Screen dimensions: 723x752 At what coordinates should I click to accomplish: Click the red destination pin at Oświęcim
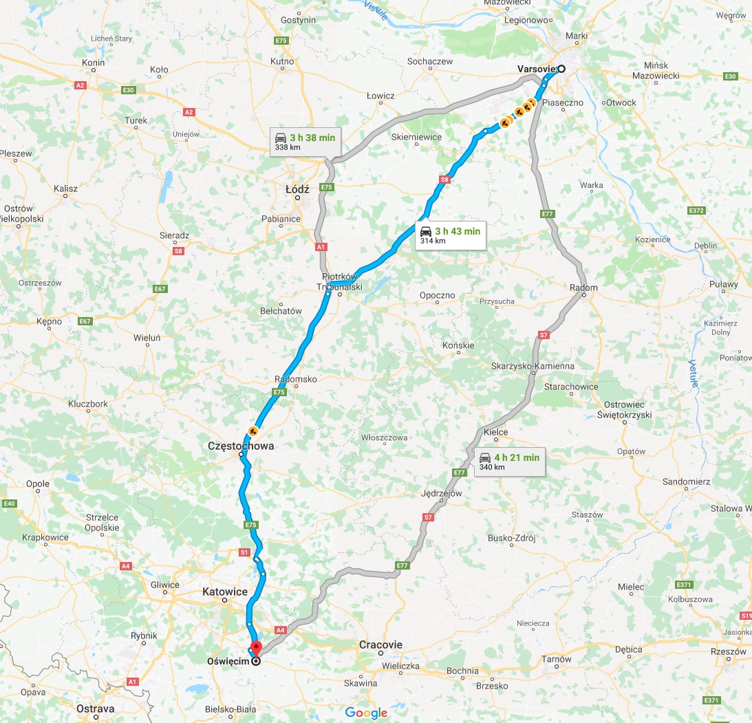[x=255, y=648]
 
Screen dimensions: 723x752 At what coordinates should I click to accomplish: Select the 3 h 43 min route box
[x=451, y=235]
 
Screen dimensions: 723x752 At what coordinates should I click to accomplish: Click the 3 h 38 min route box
[x=305, y=142]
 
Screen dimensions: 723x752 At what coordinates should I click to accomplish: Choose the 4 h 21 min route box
[x=509, y=462]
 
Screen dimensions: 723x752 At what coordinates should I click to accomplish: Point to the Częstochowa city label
[x=241, y=446]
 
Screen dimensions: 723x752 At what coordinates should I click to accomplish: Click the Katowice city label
[x=224, y=592]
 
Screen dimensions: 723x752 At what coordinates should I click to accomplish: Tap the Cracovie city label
[x=380, y=645]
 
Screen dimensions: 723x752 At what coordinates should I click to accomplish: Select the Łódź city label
[x=297, y=188]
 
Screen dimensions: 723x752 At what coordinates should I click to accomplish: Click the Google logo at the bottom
[x=366, y=713]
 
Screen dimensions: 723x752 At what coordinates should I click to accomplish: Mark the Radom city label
[x=583, y=288]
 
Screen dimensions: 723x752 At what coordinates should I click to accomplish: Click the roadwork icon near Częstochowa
[x=253, y=431]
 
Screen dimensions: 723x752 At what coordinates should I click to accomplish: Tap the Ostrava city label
[x=96, y=708]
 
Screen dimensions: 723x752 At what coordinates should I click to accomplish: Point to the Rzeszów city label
[x=729, y=651]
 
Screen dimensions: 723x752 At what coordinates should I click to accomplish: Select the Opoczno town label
[x=438, y=295]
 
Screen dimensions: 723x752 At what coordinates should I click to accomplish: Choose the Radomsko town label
[x=295, y=379]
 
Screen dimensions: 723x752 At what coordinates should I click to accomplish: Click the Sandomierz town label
[x=686, y=482]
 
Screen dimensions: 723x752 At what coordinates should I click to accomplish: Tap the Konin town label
[x=94, y=63]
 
